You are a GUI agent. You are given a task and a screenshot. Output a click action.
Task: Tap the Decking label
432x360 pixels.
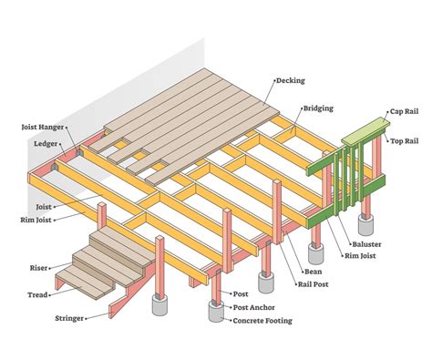[x=292, y=81]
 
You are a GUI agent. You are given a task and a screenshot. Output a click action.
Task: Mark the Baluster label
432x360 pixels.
[x=367, y=244]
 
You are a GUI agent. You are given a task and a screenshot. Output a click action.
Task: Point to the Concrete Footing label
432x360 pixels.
[x=264, y=321]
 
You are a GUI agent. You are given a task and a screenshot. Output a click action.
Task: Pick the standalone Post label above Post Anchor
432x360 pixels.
[x=241, y=295]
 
